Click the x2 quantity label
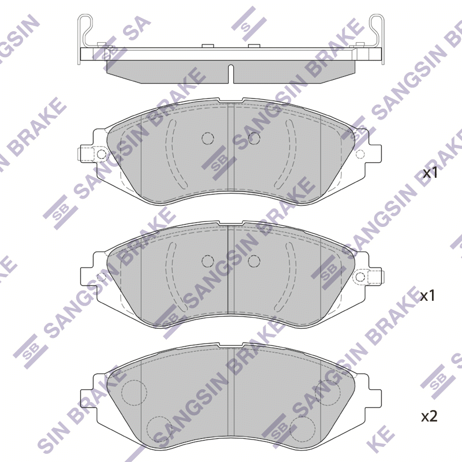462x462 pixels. click(x=429, y=416)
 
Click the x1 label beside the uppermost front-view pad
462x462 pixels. click(x=430, y=173)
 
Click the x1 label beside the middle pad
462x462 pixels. click(x=427, y=296)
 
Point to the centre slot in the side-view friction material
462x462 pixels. click(x=231, y=74)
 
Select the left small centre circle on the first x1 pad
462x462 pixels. click(x=208, y=138)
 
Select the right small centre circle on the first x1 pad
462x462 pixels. click(x=254, y=138)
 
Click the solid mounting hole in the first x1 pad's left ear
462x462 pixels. click(x=102, y=154)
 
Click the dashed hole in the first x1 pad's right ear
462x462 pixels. click(x=360, y=154)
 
